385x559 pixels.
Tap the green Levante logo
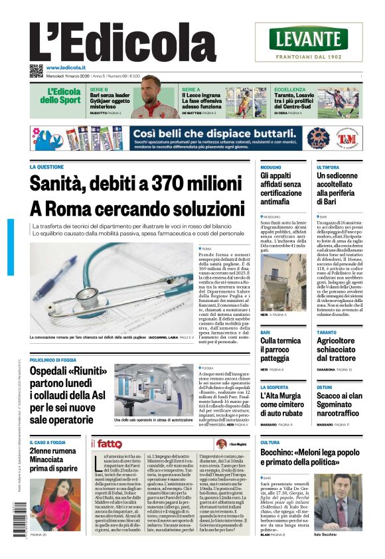[x=308, y=39]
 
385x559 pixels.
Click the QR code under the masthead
[x=36, y=70]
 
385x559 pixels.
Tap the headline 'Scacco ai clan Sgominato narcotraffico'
[x=339, y=404]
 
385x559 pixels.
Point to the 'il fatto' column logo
[x=106, y=443]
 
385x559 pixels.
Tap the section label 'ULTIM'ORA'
[x=328, y=167]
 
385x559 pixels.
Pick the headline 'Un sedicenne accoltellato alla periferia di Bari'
[x=339, y=189]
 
